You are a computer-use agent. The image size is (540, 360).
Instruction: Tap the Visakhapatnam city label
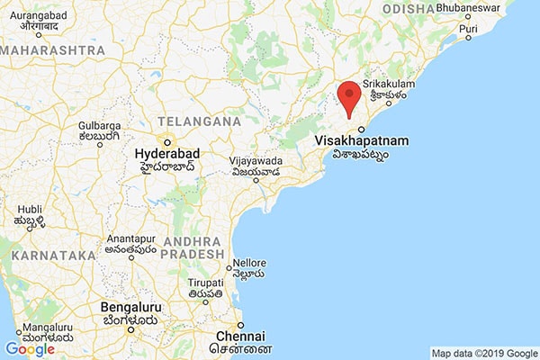[x=363, y=141]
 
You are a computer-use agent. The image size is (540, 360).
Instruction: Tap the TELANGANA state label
[x=199, y=121]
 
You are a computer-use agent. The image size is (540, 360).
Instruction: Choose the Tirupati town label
[x=205, y=283]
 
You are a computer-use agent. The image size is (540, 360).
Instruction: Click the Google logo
[x=30, y=349]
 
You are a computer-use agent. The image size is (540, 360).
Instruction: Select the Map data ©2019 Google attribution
[x=481, y=353]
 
